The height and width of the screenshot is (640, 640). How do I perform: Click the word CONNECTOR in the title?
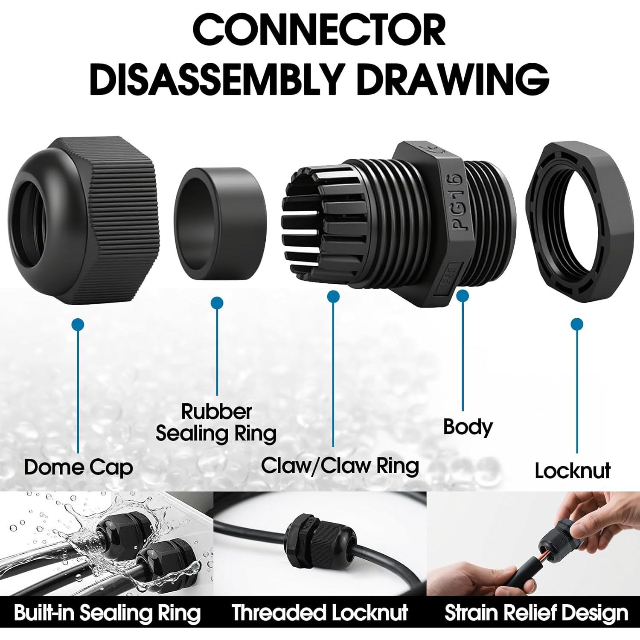319,30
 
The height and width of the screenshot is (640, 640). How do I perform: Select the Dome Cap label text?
79,467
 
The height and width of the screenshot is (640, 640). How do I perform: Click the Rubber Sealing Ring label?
216,422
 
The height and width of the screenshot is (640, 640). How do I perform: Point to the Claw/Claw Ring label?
340,465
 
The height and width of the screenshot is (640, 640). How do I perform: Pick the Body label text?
468,427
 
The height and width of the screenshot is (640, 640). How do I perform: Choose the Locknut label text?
572,471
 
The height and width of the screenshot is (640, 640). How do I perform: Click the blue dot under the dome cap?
78,325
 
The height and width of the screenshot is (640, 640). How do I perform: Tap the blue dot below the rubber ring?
217,303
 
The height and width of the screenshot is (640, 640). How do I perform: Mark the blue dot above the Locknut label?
577,324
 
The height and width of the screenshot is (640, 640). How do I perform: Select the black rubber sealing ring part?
220,223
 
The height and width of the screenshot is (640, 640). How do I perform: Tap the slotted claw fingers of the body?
311,222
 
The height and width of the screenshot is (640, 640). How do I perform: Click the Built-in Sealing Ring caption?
107,613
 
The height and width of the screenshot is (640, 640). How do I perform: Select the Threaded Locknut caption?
320,613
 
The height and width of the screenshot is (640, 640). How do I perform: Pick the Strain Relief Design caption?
536,613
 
